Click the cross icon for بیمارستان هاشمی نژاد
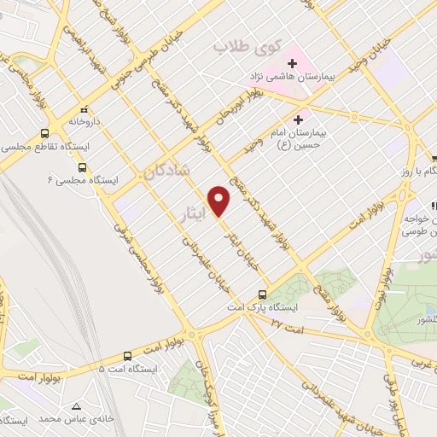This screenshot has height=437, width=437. [x=292, y=63]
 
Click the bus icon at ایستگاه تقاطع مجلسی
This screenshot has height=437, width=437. [x=44, y=133]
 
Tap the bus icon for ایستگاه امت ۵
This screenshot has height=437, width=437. [x=128, y=356]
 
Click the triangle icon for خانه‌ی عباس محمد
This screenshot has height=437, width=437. [x=77, y=406]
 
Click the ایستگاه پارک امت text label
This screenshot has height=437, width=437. [x=256, y=306]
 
